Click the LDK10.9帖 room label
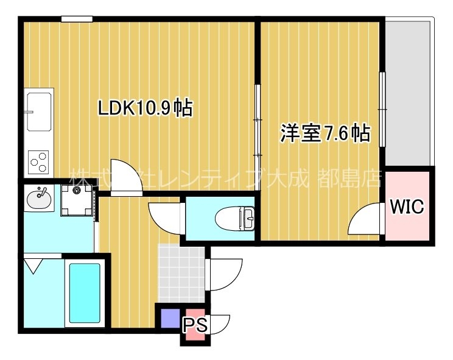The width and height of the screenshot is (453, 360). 146,108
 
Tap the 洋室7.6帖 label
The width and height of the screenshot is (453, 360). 325,133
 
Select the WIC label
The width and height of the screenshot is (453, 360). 407,206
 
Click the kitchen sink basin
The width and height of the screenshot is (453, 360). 38,111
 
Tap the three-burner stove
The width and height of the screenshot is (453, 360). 39,161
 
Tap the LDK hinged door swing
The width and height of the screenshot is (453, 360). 127,177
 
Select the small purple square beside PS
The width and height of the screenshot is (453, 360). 169,319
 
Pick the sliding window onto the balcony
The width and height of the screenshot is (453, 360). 382,110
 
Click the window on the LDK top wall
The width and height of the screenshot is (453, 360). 76,19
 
